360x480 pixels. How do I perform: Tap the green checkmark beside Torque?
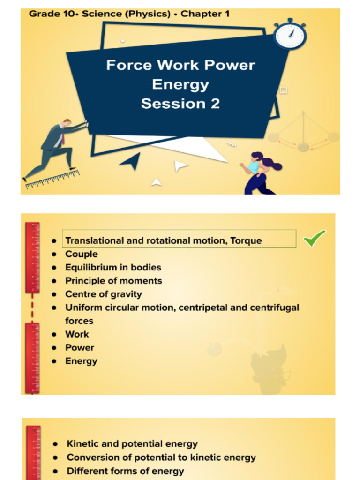pyautogui.click(x=315, y=239)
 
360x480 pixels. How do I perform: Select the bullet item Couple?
pyautogui.click(x=82, y=254)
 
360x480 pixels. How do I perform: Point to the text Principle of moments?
pyautogui.click(x=113, y=281)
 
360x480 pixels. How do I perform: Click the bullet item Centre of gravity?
pyautogui.click(x=103, y=294)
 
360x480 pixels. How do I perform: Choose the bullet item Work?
pyautogui.click(x=77, y=334)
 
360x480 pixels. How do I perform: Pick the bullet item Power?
pyautogui.click(x=79, y=348)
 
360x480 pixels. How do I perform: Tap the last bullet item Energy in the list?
pyautogui.click(x=81, y=361)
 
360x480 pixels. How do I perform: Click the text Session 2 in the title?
pyautogui.click(x=180, y=103)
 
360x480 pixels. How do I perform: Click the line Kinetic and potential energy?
pyautogui.click(x=132, y=443)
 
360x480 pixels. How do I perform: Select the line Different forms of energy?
pyautogui.click(x=125, y=471)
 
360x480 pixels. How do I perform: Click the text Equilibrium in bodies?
pyautogui.click(x=113, y=268)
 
